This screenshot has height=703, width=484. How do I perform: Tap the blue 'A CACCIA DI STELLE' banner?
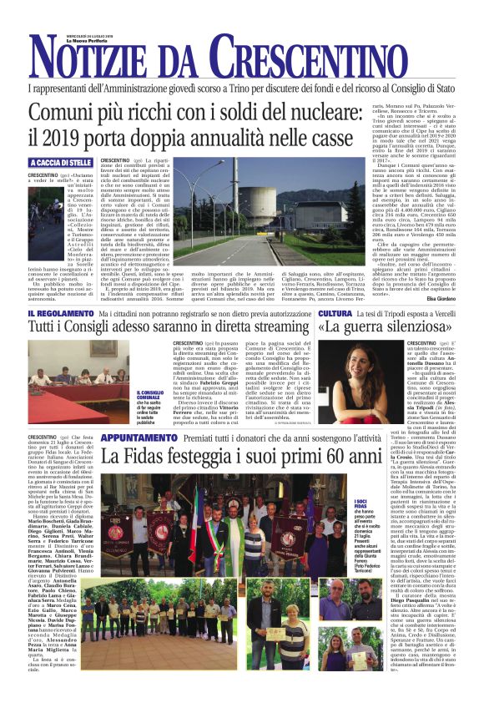59,162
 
